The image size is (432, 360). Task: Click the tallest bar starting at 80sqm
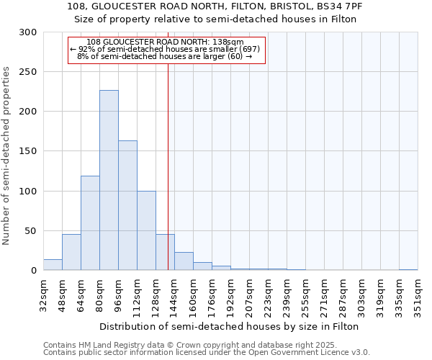[109, 180]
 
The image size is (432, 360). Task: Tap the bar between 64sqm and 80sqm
[90, 223]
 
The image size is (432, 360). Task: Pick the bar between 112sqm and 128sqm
[146, 230]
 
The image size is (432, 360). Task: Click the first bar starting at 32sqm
[53, 265]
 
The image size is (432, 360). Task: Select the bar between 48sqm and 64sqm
[71, 252]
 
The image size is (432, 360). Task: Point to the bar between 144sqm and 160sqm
[184, 261]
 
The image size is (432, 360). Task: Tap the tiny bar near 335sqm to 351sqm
[408, 269]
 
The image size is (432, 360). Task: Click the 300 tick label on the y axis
[28, 32]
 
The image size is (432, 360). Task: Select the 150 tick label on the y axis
[28, 151]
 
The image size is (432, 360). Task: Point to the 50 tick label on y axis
[31, 231]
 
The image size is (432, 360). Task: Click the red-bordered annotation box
[166, 50]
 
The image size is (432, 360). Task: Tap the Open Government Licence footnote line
[207, 353]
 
